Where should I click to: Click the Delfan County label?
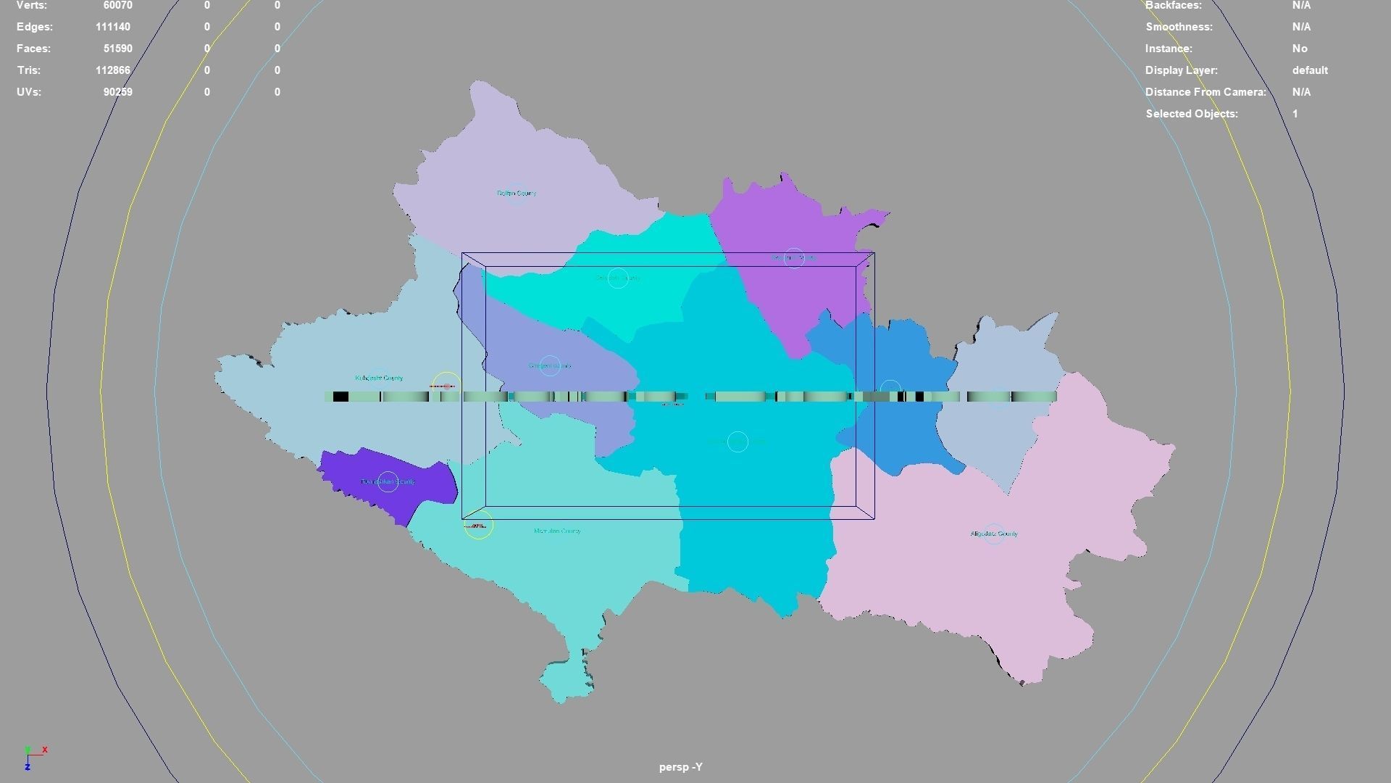(516, 194)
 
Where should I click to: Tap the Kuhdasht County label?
(379, 378)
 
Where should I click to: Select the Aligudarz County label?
(994, 534)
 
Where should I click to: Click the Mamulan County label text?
(556, 531)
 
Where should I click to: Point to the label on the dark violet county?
(388, 481)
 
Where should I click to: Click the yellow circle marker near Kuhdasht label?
(446, 386)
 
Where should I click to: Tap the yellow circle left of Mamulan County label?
(478, 525)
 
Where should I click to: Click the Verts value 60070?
(117, 6)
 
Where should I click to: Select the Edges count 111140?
(112, 27)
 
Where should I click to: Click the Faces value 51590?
(117, 49)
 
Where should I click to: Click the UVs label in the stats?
(28, 92)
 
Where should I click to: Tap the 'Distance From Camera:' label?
(1205, 92)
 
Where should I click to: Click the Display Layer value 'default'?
(1309, 70)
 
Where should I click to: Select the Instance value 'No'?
(1299, 49)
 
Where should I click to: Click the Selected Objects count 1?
(1295, 114)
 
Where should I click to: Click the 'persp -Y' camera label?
(680, 766)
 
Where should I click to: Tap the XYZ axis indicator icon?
(33, 756)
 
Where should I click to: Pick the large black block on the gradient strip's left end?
(340, 397)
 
